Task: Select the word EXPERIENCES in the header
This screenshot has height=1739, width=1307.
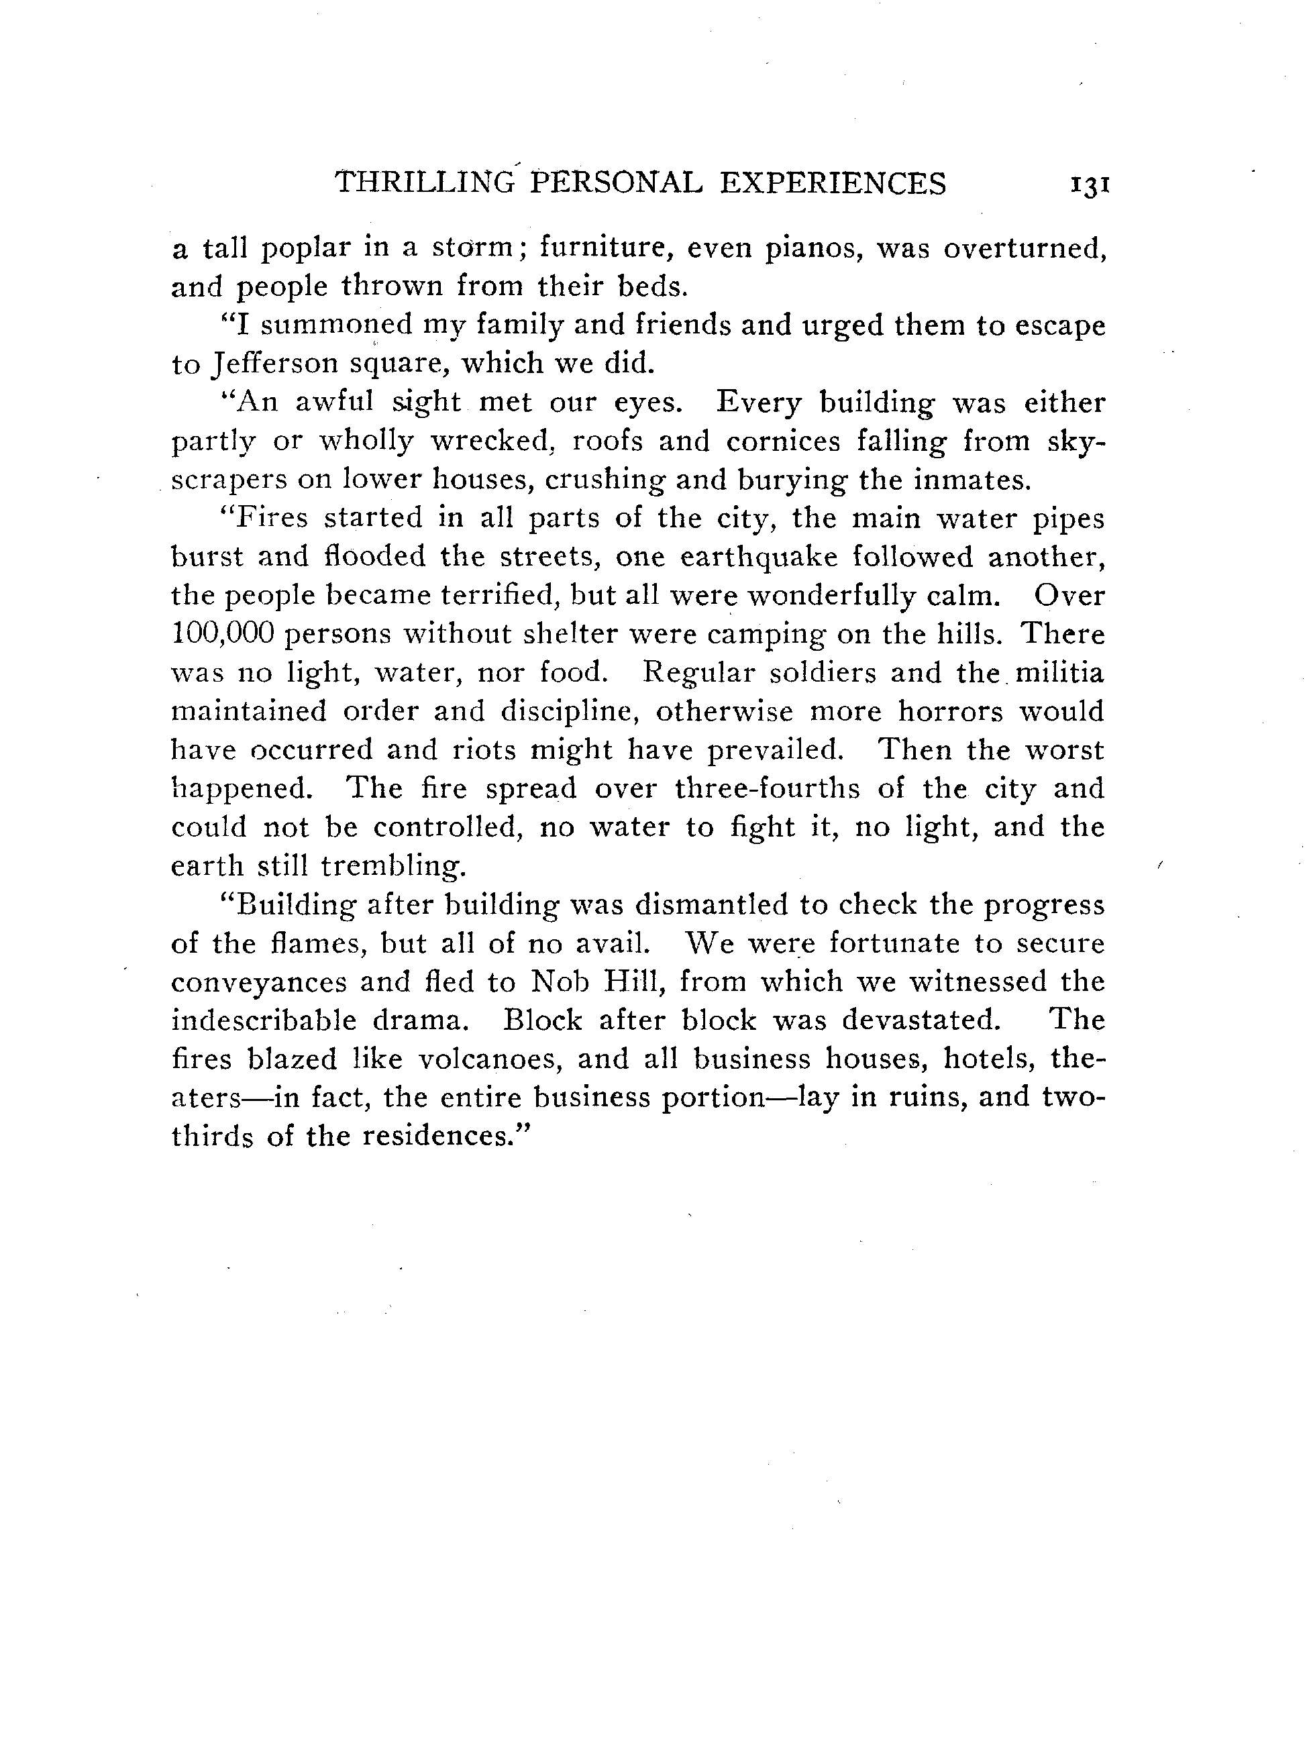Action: coord(833,183)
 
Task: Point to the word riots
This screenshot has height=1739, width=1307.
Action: coord(484,750)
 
